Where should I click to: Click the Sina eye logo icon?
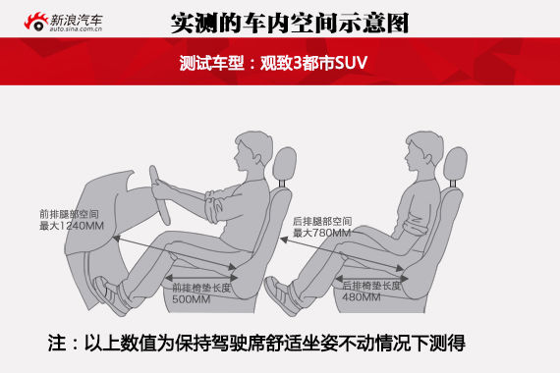coord(36,22)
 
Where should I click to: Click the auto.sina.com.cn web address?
coord(76,28)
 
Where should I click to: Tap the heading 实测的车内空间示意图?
coord(290,24)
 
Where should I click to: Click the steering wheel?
coord(159,195)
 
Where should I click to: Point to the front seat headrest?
coord(285,164)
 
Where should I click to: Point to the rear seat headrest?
coord(455,164)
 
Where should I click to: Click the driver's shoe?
coord(110,295)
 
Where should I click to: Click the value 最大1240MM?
coord(72,226)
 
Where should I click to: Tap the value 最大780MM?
coord(321,233)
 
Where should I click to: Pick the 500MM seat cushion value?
coord(191,299)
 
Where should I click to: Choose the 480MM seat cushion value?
coord(362,296)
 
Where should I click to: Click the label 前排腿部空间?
coord(69,214)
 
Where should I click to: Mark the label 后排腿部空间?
coord(322,221)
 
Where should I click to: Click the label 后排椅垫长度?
coord(371,286)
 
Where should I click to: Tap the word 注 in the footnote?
coord(57,343)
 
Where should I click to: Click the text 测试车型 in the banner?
coord(211,63)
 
